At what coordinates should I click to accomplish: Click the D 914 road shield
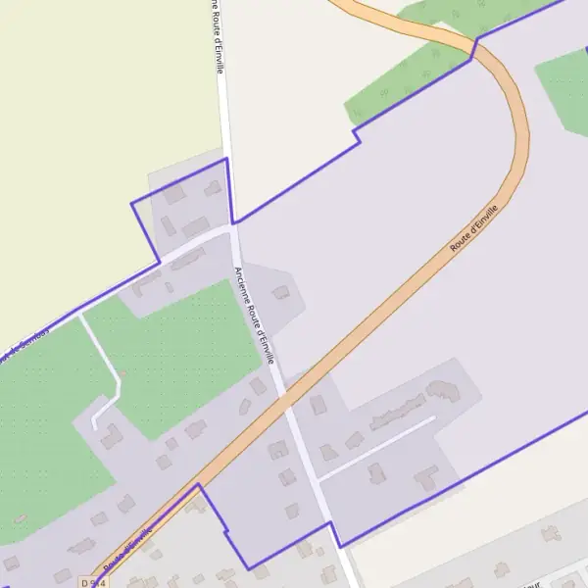click(x=92, y=582)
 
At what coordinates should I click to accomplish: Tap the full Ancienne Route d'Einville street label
click(x=254, y=317)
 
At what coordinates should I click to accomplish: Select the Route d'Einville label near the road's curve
click(x=474, y=229)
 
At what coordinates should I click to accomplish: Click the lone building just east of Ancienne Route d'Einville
click(x=282, y=292)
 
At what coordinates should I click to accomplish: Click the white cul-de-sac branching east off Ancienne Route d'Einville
click(x=377, y=448)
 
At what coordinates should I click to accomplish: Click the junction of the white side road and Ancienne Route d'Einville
click(x=232, y=227)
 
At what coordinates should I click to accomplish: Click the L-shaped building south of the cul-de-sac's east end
click(x=426, y=478)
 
